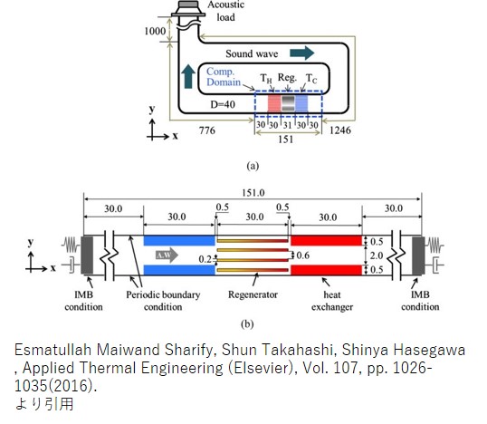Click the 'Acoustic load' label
pyautogui.click(x=225, y=11)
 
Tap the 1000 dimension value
pyautogui.click(x=155, y=31)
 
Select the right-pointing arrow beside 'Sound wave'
pyautogui.click(x=302, y=53)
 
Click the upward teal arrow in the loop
pyautogui.click(x=188, y=76)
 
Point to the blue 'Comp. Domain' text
pyautogui.click(x=224, y=77)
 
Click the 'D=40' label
pyautogui.click(x=223, y=104)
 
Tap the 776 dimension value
pyautogui.click(x=207, y=130)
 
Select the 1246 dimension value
pyautogui.click(x=340, y=130)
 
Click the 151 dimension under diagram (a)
pyautogui.click(x=285, y=139)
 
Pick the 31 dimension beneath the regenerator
pyautogui.click(x=287, y=125)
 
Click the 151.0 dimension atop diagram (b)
pyautogui.click(x=253, y=193)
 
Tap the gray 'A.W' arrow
pyautogui.click(x=167, y=255)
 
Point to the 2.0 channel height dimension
pyautogui.click(x=377, y=255)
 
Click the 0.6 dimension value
pyautogui.click(x=303, y=255)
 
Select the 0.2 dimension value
pyautogui.click(x=205, y=259)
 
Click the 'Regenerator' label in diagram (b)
pyautogui.click(x=253, y=294)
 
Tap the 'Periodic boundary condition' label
pyautogui.click(x=163, y=301)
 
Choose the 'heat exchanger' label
pyautogui.click(x=332, y=301)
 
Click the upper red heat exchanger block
pyautogui.click(x=326, y=241)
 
